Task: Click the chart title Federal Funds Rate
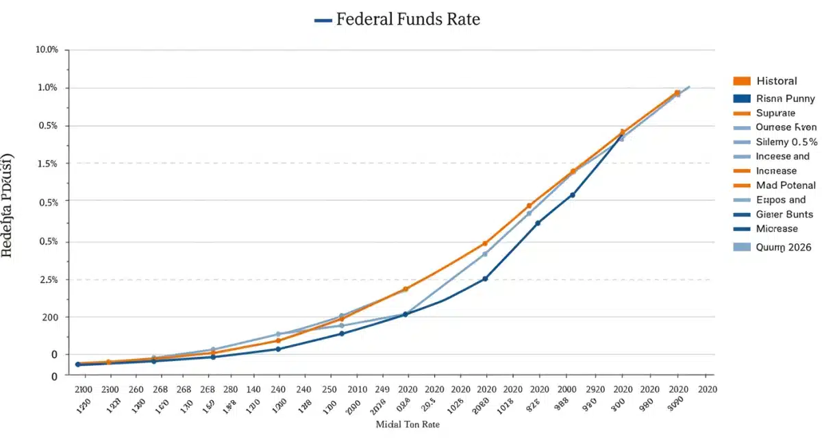tap(408, 19)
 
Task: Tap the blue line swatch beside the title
tap(323, 21)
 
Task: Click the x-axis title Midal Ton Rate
tap(408, 425)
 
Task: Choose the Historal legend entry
tap(776, 81)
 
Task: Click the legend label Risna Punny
tap(785, 99)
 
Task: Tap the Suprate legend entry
tap(775, 113)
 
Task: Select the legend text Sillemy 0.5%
tap(786, 142)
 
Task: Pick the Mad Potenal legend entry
tap(786, 185)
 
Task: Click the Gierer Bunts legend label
tap(784, 214)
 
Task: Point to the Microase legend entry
tap(777, 229)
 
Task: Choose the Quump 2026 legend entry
tap(783, 247)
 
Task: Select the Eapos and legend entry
tap(780, 200)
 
